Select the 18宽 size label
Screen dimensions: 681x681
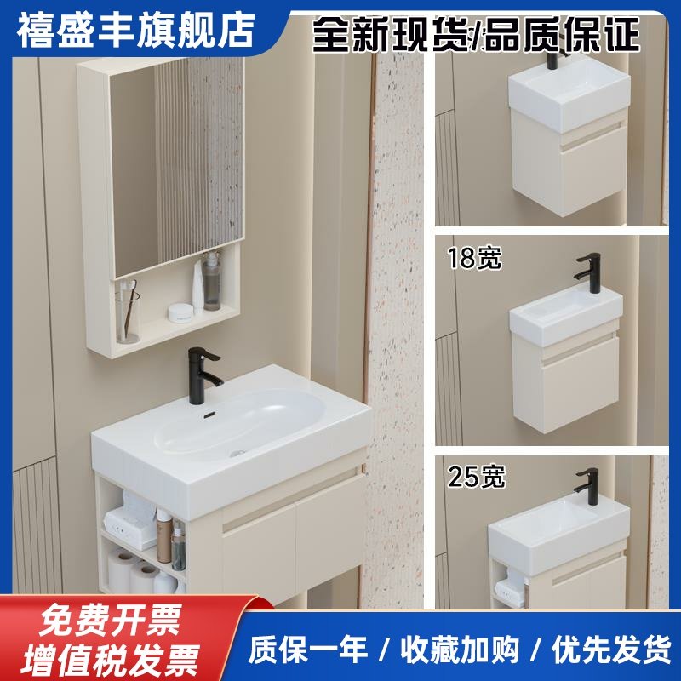pyautogui.click(x=475, y=258)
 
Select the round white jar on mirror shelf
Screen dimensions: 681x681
pyautogui.click(x=180, y=312)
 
